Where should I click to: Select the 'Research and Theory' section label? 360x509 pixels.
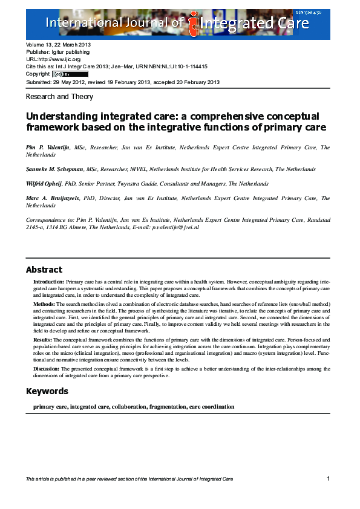59,97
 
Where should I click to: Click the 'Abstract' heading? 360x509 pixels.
44,270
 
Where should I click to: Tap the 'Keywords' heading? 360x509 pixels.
47,391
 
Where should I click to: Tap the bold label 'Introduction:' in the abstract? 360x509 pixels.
48,282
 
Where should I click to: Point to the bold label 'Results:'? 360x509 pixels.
44,340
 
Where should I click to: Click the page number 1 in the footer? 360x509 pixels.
327,479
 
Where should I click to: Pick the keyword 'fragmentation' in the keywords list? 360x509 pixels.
167,407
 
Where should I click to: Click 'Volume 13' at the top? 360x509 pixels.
39,45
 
